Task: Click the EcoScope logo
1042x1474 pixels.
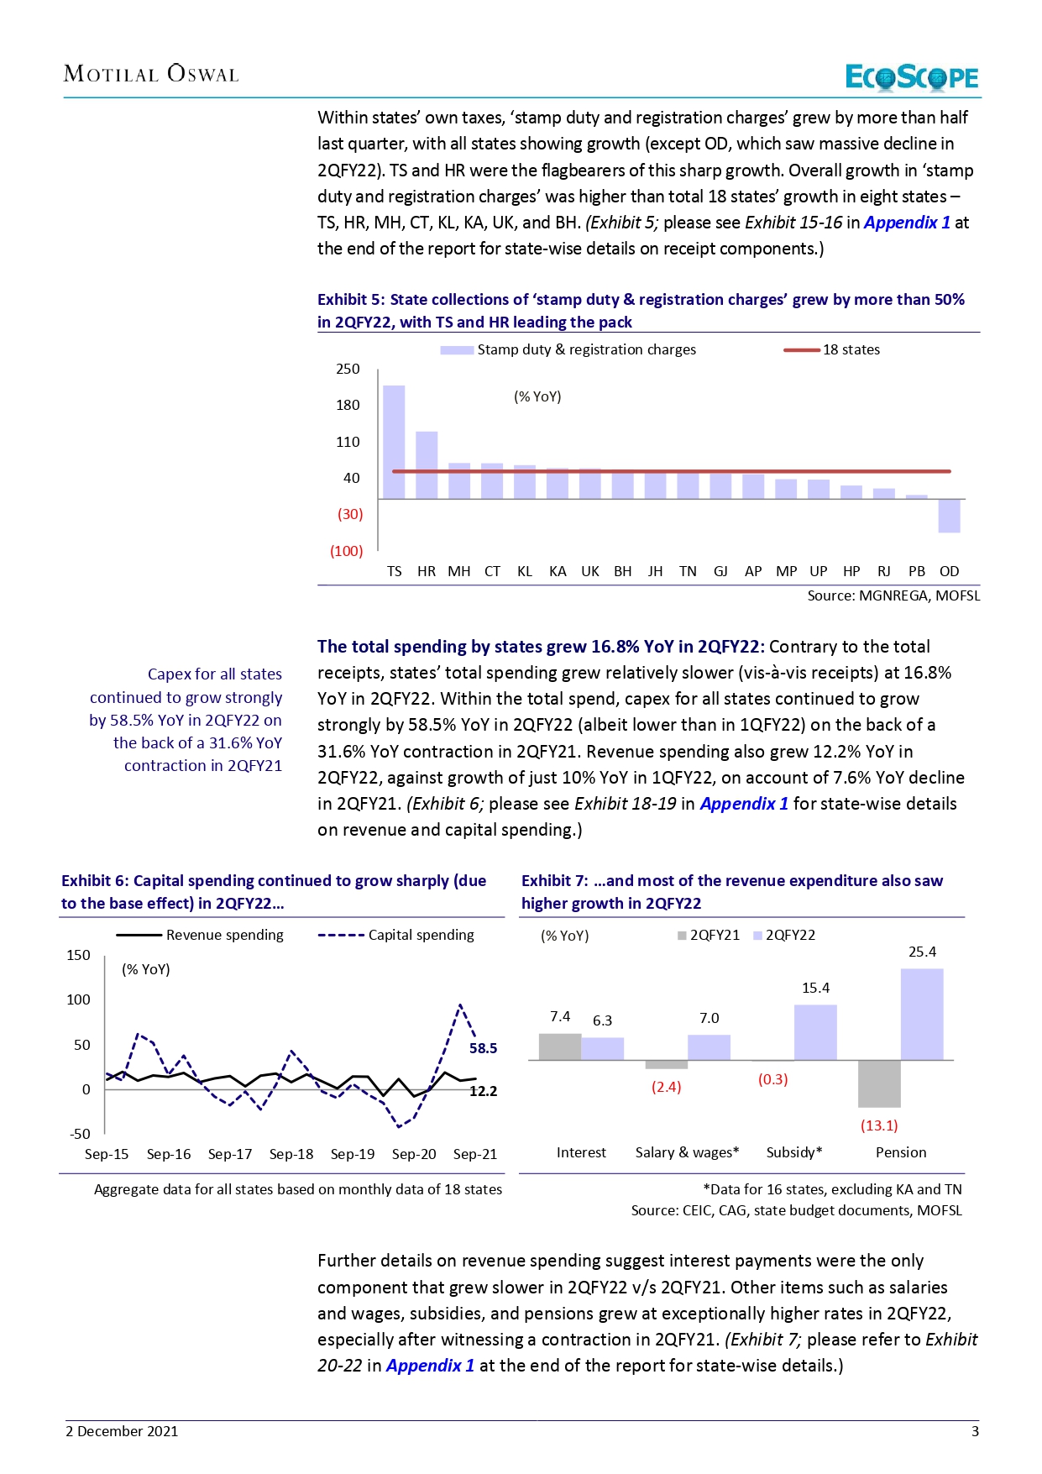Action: click(x=911, y=77)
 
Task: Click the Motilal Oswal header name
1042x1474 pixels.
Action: click(x=151, y=74)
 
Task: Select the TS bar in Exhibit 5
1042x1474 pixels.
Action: click(x=394, y=442)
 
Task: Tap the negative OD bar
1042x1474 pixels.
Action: click(x=949, y=516)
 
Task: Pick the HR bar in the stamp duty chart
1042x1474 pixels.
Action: click(x=427, y=464)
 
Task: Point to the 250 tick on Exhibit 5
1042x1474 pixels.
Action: click(x=348, y=369)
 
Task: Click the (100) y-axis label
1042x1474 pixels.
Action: click(x=347, y=551)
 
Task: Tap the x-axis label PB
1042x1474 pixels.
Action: click(x=916, y=571)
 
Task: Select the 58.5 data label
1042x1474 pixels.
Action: click(x=483, y=1048)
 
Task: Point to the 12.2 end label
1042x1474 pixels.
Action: click(x=483, y=1091)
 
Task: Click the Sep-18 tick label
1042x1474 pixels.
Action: click(x=291, y=1154)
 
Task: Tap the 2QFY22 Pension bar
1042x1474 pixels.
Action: click(x=922, y=1014)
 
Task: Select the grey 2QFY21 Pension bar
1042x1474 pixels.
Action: click(x=879, y=1083)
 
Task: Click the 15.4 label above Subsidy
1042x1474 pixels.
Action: click(x=815, y=988)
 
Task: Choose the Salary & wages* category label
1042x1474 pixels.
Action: click(x=687, y=1152)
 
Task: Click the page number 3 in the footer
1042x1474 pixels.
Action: click(x=975, y=1431)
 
